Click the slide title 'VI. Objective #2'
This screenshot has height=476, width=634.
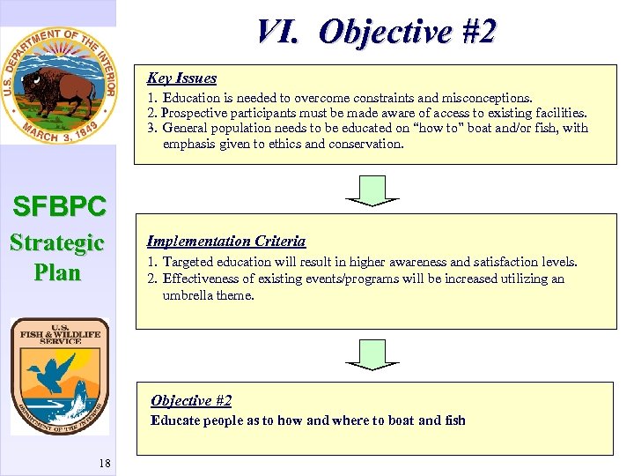click(x=376, y=33)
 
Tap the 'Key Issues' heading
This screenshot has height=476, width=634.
click(x=181, y=78)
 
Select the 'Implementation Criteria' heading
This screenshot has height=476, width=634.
click(x=226, y=242)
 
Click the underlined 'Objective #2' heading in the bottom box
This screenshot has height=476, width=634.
click(x=191, y=401)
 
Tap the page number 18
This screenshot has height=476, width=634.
click(x=104, y=464)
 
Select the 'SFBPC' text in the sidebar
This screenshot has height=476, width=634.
click(x=59, y=207)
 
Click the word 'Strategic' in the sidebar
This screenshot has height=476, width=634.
click(x=57, y=242)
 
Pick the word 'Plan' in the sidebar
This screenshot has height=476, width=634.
click(x=57, y=272)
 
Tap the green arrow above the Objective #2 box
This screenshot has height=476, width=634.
click(x=372, y=353)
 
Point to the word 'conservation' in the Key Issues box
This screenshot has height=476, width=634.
click(x=365, y=144)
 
